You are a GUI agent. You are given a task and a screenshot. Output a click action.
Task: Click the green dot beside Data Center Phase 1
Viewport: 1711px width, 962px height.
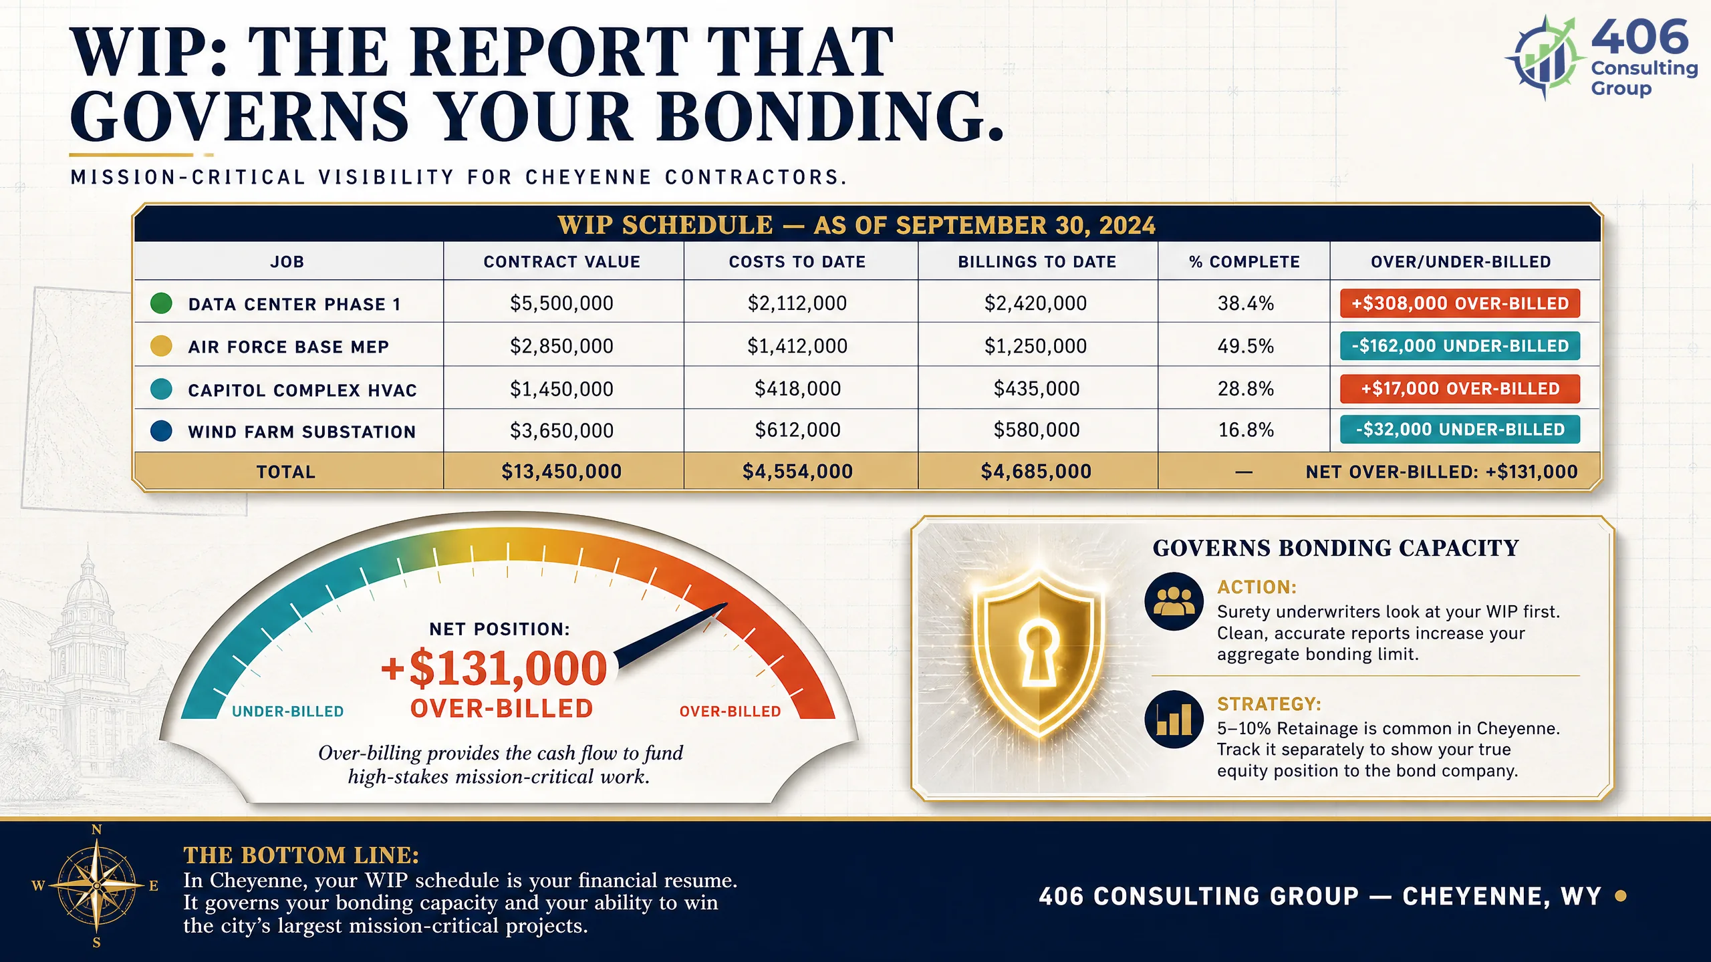tap(161, 303)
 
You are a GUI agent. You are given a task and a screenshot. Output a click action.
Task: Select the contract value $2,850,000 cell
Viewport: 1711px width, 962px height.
tap(561, 346)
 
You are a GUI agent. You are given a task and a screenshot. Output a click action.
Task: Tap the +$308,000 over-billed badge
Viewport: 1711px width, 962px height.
tap(1460, 303)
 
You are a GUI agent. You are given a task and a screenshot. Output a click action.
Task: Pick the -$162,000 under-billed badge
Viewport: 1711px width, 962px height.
tap(1460, 346)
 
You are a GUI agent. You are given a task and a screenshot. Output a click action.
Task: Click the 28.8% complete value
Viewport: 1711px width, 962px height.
tap(1246, 389)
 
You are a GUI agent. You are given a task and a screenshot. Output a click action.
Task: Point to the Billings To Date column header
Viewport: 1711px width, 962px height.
tap(1037, 262)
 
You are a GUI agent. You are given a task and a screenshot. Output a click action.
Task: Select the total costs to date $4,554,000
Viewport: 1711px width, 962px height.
tap(797, 472)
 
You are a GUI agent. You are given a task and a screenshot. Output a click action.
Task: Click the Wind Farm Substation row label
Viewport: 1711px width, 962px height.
tap(302, 432)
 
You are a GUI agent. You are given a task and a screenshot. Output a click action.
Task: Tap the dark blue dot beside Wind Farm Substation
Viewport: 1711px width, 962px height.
tap(161, 431)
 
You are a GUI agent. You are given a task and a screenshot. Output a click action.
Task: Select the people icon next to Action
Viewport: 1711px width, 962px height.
tap(1174, 601)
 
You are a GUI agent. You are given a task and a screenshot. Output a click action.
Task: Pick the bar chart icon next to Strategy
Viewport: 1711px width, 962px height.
tap(1174, 719)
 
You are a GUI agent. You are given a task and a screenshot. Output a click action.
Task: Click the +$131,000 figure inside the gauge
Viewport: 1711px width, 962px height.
tap(494, 668)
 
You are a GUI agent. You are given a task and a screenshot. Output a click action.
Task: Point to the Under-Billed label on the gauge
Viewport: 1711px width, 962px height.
tap(288, 711)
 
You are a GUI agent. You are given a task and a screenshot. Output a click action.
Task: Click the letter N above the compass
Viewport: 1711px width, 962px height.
tap(97, 830)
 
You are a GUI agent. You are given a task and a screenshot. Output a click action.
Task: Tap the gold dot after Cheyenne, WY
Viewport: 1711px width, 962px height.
tap(1621, 896)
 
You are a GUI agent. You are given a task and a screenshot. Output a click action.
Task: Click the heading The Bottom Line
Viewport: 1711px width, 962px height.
tap(301, 855)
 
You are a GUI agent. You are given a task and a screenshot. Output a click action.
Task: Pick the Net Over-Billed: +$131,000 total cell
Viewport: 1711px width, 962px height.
tap(1442, 472)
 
